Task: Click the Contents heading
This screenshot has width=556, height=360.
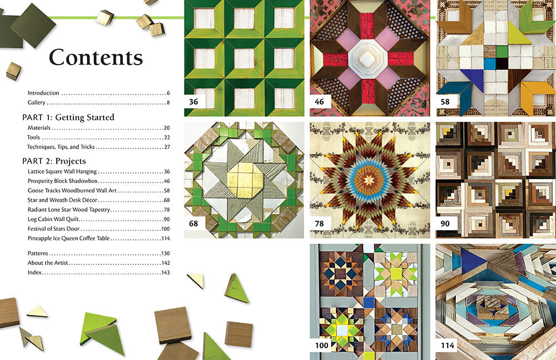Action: pos(96,58)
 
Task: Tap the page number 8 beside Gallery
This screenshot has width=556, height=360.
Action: pos(167,103)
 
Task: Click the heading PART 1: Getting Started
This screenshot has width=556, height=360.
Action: pos(68,117)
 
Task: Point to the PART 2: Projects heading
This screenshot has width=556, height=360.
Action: pos(54,161)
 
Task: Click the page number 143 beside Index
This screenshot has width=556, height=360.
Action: pos(165,273)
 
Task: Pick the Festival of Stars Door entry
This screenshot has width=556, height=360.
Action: pos(58,229)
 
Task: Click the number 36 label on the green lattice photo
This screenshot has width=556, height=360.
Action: pos(194,102)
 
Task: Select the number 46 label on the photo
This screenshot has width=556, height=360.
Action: pos(320,102)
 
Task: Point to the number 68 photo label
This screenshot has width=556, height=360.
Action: pos(194,224)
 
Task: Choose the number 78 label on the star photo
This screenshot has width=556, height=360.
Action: pos(320,224)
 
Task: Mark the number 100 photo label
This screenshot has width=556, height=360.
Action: pos(322,346)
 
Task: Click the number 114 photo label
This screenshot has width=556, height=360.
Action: pos(447,346)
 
